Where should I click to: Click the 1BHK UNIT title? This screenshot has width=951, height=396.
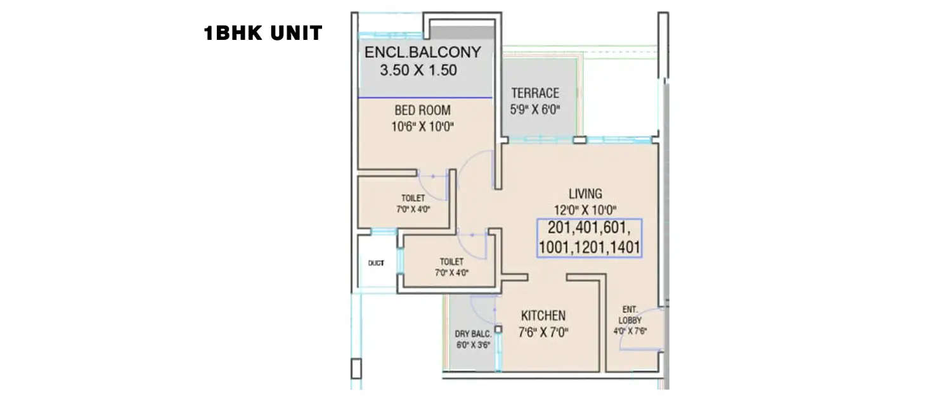(262, 34)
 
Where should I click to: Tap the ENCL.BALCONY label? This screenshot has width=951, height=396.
(423, 52)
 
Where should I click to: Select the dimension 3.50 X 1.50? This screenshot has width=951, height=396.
(418, 70)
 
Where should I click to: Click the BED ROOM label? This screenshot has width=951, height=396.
(423, 111)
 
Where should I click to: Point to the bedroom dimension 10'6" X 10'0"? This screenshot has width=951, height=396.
(423, 127)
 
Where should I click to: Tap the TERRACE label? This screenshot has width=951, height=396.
(535, 93)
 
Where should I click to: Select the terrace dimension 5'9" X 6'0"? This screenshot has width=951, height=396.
(535, 109)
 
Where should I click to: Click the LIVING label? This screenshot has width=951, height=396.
(585, 193)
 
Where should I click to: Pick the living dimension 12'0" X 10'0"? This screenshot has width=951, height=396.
(585, 208)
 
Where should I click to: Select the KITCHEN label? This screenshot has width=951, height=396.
(543, 315)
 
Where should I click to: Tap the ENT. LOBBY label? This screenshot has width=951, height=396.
(629, 314)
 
